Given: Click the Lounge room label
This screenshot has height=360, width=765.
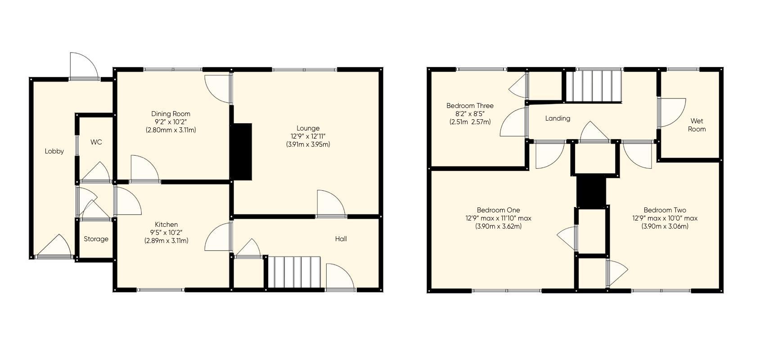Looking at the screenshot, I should (x=308, y=128).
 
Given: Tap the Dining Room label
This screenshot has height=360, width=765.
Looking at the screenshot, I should (x=171, y=114).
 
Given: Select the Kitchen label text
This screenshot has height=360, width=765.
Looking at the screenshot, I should (x=166, y=225).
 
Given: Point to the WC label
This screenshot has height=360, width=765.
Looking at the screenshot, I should (x=96, y=142).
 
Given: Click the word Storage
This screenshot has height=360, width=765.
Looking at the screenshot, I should (x=96, y=239).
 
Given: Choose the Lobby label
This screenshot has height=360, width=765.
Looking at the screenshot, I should (x=54, y=151).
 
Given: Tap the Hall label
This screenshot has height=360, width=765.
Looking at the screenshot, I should (x=341, y=239).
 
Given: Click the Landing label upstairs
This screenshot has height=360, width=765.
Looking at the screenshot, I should (x=558, y=118).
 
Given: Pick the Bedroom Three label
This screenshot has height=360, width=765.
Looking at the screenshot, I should (x=470, y=106).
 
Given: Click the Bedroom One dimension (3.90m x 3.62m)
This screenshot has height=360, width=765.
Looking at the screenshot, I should (x=498, y=226).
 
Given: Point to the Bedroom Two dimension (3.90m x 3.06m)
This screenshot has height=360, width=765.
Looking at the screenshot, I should (x=665, y=226).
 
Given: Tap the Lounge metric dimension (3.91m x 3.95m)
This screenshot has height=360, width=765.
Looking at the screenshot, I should (x=308, y=144).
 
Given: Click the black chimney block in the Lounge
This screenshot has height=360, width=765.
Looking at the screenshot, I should (x=241, y=152).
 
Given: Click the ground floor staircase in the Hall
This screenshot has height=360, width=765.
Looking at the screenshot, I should (x=294, y=272).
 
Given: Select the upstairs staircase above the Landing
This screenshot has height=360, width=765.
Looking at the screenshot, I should (x=593, y=86).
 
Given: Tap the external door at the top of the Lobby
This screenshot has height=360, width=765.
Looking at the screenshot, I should (x=84, y=66).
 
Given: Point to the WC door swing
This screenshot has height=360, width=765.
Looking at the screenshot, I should (x=96, y=173).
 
